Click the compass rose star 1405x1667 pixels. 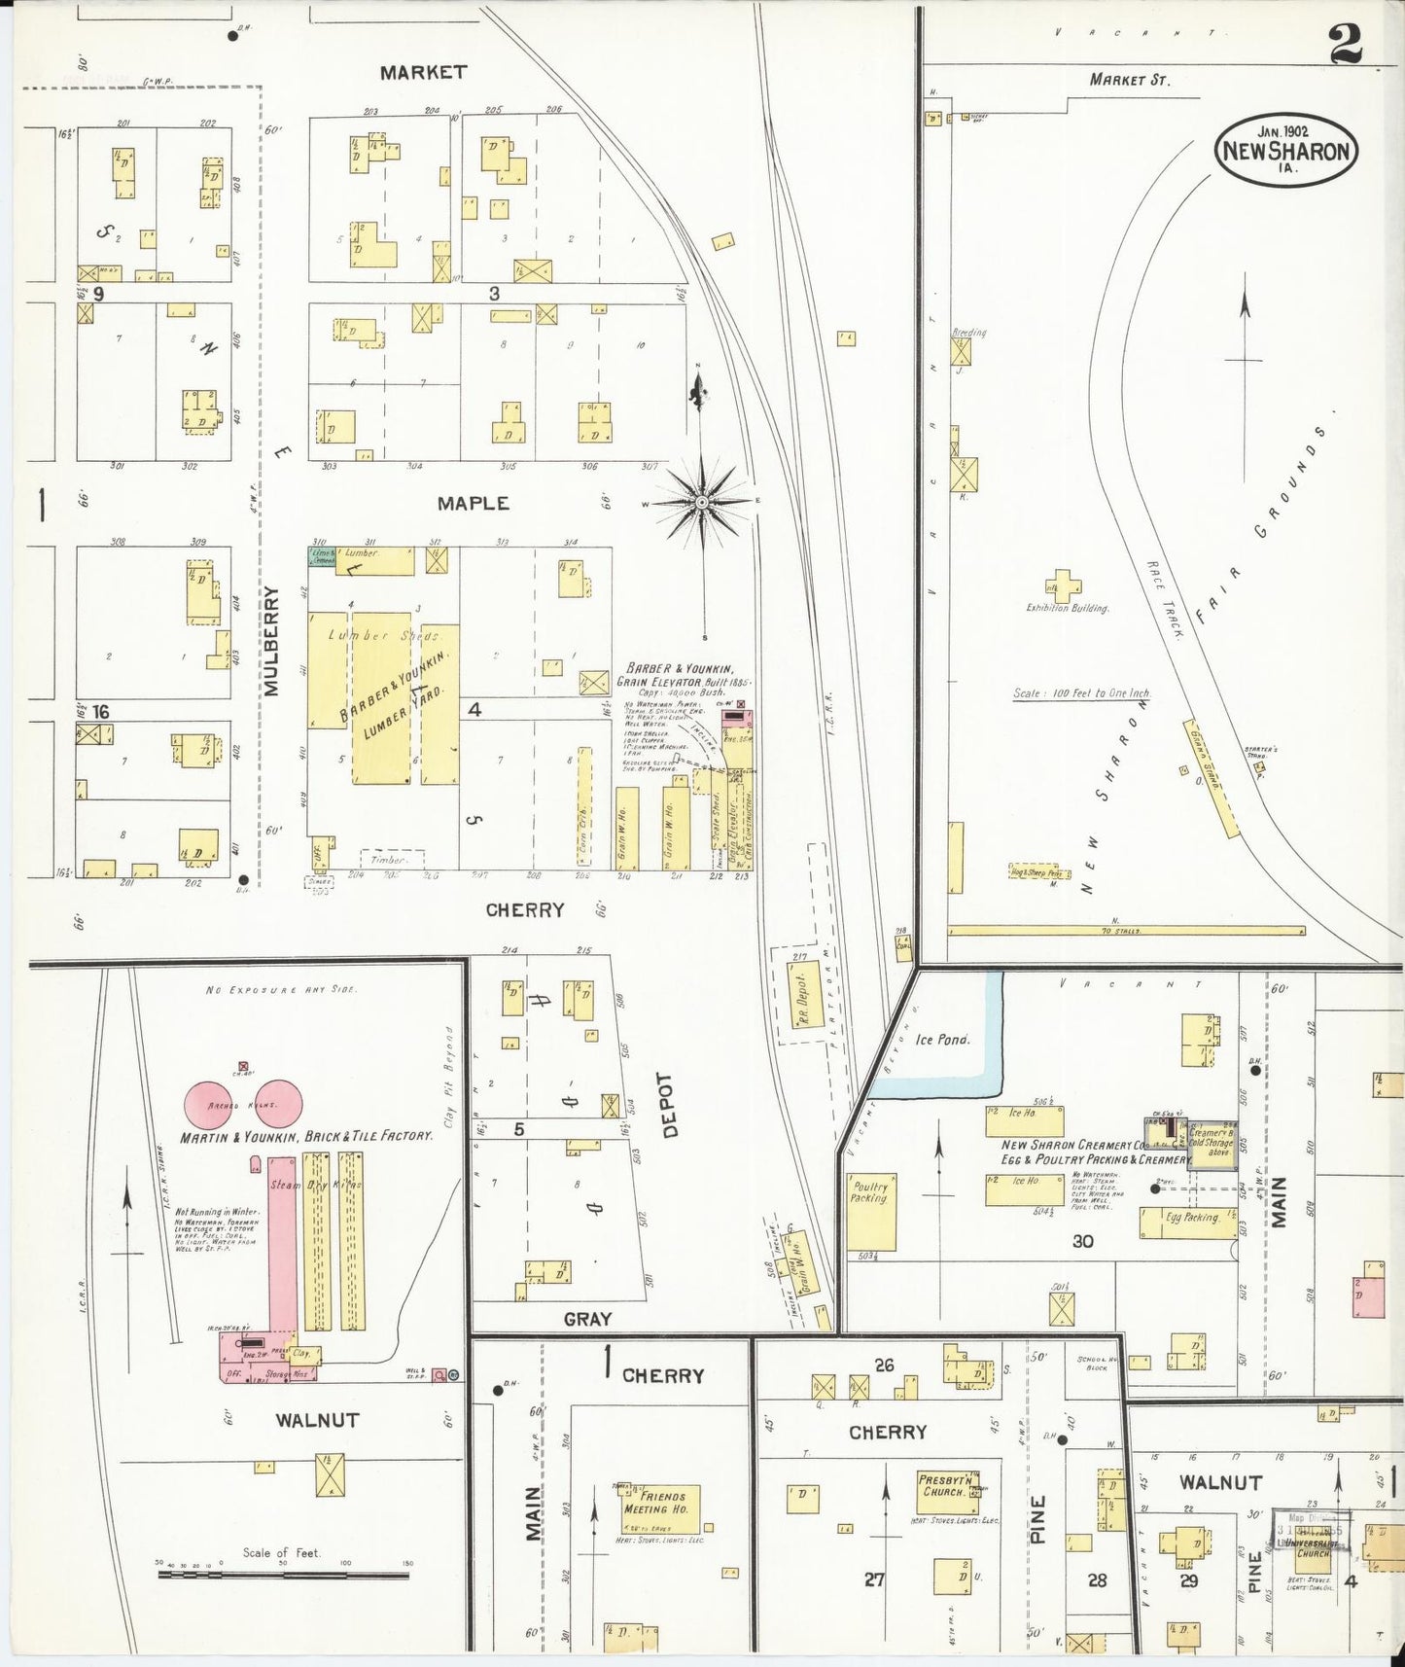pyautogui.click(x=701, y=502)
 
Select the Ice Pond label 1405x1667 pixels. pyautogui.click(x=943, y=1039)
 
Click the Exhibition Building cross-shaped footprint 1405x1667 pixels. pyautogui.click(x=1064, y=586)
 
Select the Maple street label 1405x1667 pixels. pyautogui.click(x=473, y=503)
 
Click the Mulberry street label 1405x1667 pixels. pyautogui.click(x=270, y=640)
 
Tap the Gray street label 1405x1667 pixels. pyautogui.click(x=587, y=1319)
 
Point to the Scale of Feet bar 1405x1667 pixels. pyautogui.click(x=283, y=1573)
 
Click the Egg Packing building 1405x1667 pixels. pyautogui.click(x=1187, y=1223)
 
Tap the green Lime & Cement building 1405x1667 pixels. pyautogui.click(x=322, y=556)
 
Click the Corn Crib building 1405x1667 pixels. pyautogui.click(x=584, y=806)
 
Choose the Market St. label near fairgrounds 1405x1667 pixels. pyautogui.click(x=1129, y=80)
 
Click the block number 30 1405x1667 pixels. pyautogui.click(x=1082, y=1241)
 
